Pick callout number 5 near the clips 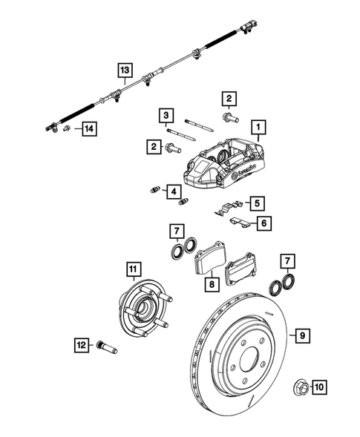point(256,203)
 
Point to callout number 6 point(263,221)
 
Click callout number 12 point(81,344)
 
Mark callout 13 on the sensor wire point(125,70)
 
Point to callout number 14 point(89,130)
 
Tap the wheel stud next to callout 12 point(103,345)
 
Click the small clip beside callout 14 point(67,130)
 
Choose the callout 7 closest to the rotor point(287,260)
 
